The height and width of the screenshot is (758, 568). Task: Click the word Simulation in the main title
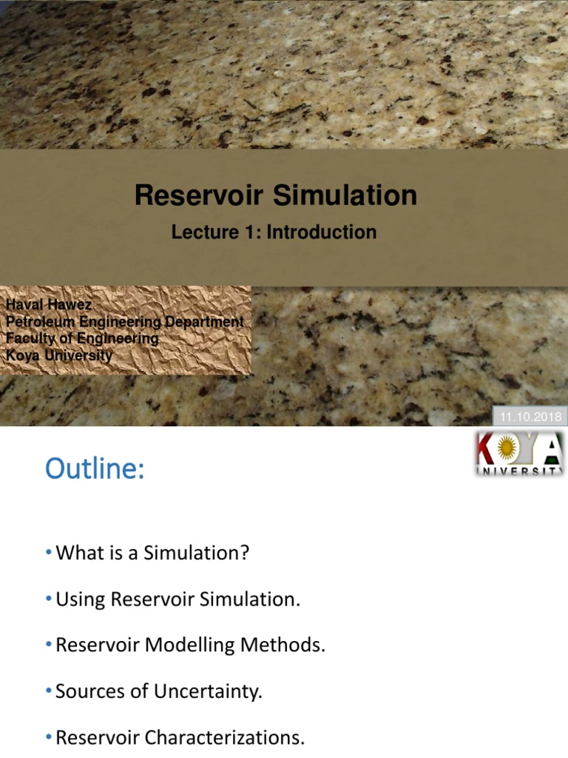[x=345, y=195]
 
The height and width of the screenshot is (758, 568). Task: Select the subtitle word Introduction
[x=322, y=232]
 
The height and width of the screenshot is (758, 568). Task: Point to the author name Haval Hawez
[x=49, y=305]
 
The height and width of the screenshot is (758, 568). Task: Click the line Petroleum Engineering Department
[x=124, y=322]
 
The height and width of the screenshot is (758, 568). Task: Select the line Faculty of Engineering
[x=82, y=338]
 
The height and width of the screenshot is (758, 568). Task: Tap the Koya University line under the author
[x=59, y=355]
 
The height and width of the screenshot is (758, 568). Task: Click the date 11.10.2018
[x=531, y=417]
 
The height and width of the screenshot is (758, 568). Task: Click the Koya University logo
[x=518, y=454]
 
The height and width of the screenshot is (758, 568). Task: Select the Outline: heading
[x=95, y=469]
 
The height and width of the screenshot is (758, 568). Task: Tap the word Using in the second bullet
[x=81, y=600]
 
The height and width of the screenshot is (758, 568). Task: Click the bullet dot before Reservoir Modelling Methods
[x=49, y=645]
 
